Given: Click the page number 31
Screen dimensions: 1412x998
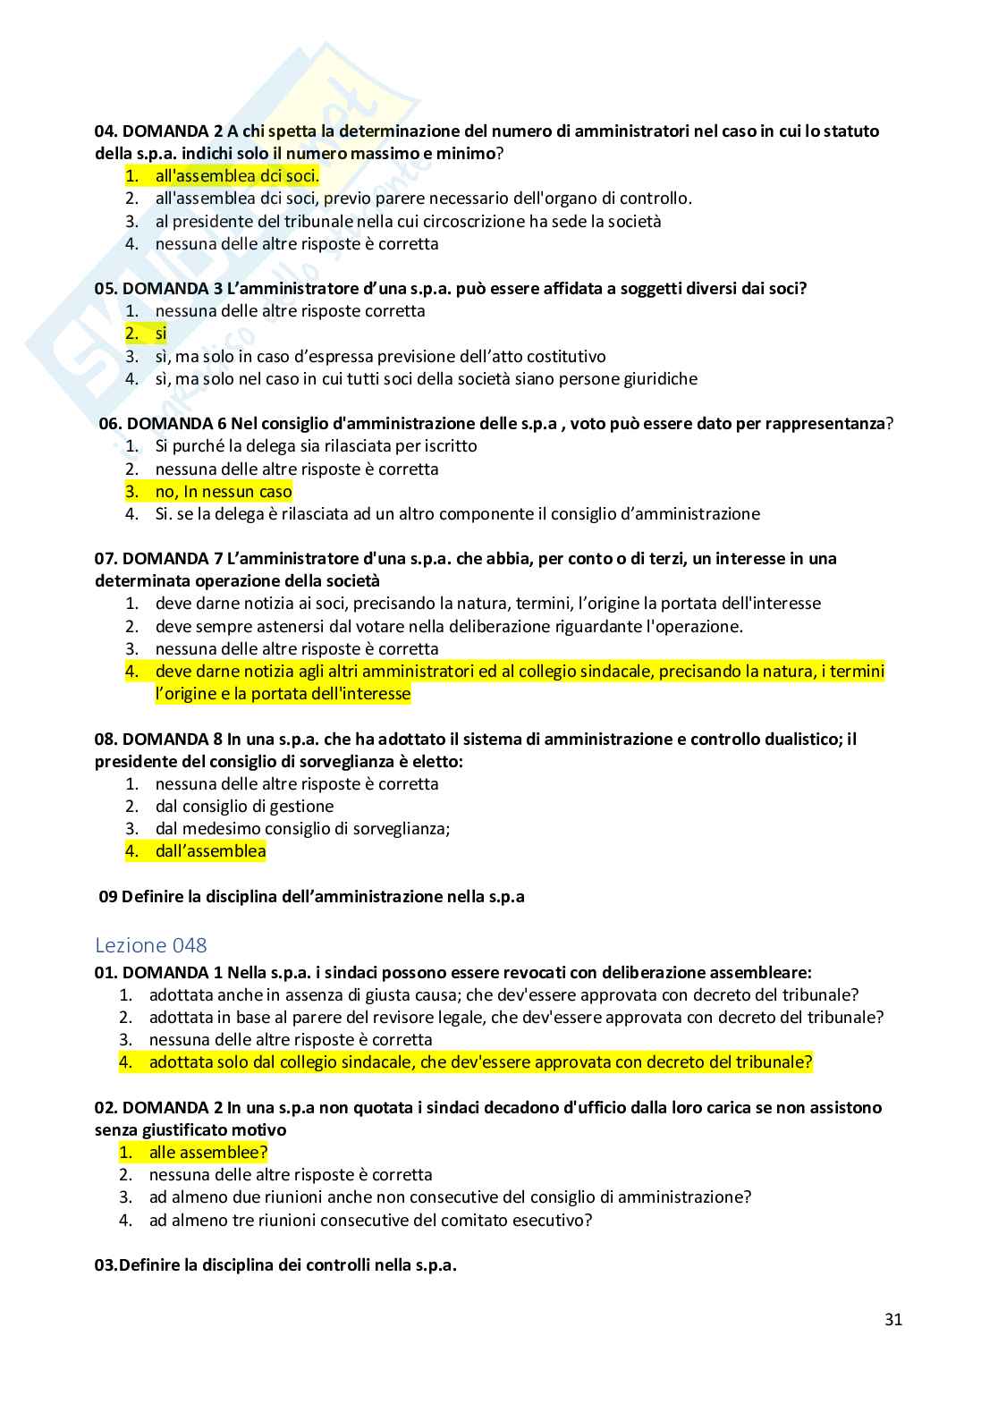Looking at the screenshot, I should pyautogui.click(x=892, y=1319).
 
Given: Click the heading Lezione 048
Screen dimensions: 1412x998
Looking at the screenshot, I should pyautogui.click(x=151, y=944).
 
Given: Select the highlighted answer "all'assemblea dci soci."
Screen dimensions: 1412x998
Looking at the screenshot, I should pyautogui.click(x=237, y=176).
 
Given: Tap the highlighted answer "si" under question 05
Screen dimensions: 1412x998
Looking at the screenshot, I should pyautogui.click(x=161, y=334).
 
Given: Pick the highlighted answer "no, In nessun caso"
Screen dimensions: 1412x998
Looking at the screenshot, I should pyautogui.click(x=224, y=491).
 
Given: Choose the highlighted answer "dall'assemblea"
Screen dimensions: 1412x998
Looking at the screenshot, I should pyautogui.click(x=210, y=851).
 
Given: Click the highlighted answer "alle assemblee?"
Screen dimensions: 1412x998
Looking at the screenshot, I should pyautogui.click(x=208, y=1153).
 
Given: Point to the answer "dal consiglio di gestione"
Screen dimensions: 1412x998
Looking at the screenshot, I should pyautogui.click(x=244, y=806).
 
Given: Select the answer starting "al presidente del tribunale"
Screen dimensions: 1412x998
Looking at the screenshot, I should pyautogui.click(x=408, y=221).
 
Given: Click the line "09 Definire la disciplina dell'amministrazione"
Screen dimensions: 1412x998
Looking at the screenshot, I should pyautogui.click(x=311, y=896).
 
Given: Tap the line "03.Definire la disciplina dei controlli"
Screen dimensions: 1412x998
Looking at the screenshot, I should pyautogui.click(x=275, y=1265).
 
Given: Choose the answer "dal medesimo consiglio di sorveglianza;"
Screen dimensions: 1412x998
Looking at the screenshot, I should pyautogui.click(x=302, y=828).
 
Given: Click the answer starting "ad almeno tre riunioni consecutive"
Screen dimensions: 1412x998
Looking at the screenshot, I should pyautogui.click(x=370, y=1220).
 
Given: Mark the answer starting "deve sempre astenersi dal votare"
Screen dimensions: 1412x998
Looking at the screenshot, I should pyautogui.click(x=449, y=626).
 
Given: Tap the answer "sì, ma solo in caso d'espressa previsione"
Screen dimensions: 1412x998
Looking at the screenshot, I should pyautogui.click(x=380, y=356).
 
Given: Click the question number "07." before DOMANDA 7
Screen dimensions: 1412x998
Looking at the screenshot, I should pyautogui.click(x=106, y=559).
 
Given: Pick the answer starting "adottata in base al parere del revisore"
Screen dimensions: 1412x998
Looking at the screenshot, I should pyautogui.click(x=516, y=1017).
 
